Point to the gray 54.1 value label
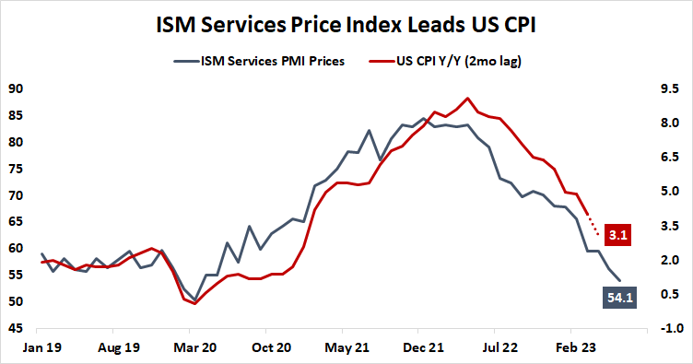click(x=617, y=297)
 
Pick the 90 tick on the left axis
click(x=16, y=89)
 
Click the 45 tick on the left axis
click(x=16, y=329)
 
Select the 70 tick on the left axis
click(x=16, y=196)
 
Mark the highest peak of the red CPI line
click(x=468, y=98)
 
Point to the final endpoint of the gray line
click(x=619, y=280)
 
